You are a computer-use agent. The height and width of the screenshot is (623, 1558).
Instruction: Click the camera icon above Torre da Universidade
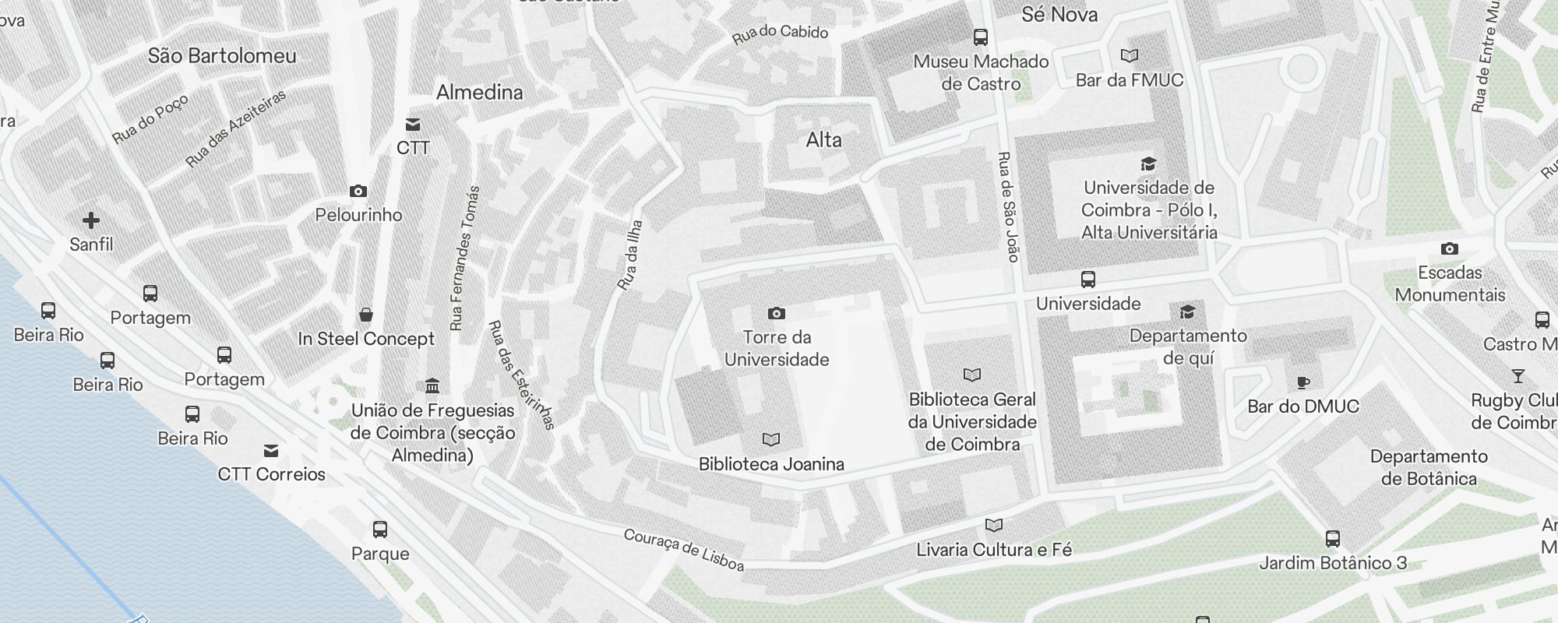[x=776, y=313]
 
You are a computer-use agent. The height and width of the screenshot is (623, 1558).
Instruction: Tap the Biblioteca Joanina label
[x=771, y=464]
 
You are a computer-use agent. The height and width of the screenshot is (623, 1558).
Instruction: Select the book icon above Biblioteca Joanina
[x=771, y=440]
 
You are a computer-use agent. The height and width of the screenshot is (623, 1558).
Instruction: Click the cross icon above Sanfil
[x=91, y=220]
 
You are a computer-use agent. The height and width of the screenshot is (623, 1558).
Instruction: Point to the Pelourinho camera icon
[x=358, y=191]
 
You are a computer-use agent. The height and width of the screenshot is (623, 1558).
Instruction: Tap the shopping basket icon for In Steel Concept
[x=366, y=315]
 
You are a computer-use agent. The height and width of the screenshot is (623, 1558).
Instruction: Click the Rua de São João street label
[x=1009, y=206]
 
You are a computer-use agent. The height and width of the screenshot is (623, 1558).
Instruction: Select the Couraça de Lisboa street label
[x=683, y=550]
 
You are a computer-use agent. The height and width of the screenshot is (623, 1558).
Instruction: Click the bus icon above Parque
[x=380, y=530]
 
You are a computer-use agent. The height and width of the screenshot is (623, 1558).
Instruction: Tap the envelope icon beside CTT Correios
[x=271, y=450]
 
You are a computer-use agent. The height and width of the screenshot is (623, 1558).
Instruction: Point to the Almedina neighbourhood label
[x=480, y=92]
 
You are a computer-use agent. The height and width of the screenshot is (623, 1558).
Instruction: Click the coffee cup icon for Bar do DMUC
[x=1302, y=382]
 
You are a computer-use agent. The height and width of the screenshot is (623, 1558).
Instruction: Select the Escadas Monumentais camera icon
[x=1449, y=248]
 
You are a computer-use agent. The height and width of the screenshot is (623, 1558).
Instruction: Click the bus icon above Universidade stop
[x=1088, y=279]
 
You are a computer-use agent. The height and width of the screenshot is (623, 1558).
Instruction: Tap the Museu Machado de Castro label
[x=981, y=72]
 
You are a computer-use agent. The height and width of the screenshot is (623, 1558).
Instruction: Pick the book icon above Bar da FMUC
[x=1129, y=55]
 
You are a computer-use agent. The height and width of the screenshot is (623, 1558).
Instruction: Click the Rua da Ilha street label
[x=630, y=255]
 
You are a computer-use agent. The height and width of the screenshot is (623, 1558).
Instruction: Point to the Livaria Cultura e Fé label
[x=994, y=550]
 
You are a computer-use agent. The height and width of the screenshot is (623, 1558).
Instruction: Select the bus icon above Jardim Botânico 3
[x=1333, y=538]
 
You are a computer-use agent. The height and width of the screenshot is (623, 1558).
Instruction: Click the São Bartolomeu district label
[x=222, y=55]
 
